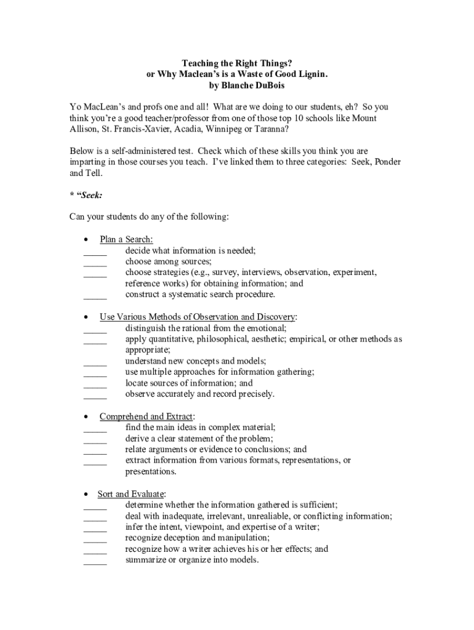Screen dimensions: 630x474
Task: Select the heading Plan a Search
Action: coord(126,239)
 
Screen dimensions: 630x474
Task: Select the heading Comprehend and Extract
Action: coord(146,417)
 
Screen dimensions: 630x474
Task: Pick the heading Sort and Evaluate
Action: coord(131,494)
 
